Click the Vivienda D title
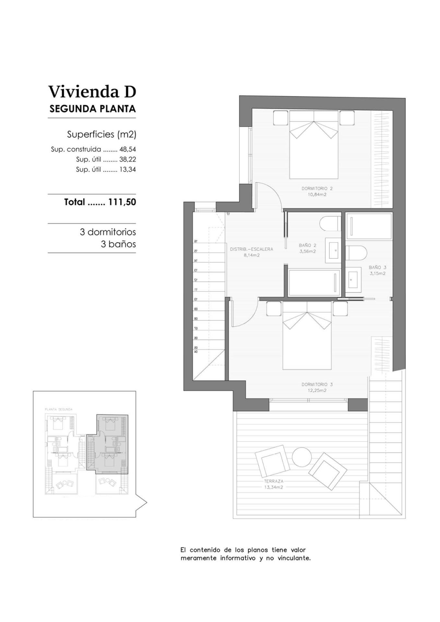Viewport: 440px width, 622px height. pos(92,92)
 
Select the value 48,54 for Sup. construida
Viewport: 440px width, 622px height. pos(127,150)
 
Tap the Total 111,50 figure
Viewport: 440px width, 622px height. pos(122,202)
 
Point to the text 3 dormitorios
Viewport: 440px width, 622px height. pos(108,232)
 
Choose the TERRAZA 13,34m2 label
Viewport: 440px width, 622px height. pos(273,484)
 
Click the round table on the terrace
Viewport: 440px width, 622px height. pos(302,457)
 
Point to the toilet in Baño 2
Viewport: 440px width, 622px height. pos(329,224)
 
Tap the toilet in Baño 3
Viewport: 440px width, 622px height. pos(356,253)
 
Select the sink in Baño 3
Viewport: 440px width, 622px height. pos(353,278)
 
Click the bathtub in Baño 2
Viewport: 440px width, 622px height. pos(314,282)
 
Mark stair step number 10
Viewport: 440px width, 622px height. pos(196,299)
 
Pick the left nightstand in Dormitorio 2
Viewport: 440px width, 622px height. pos(280,118)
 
